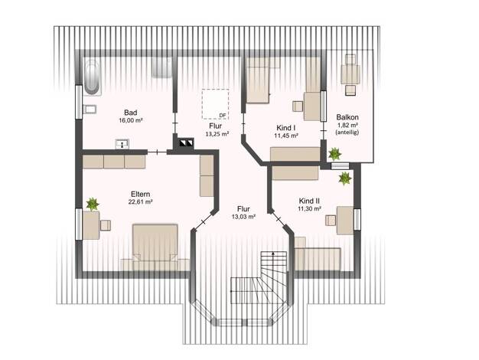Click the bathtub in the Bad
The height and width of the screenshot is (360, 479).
(92, 77)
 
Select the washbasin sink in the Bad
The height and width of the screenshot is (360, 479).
(122, 144)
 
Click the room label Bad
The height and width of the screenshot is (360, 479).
(130, 113)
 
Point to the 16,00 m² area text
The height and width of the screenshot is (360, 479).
(131, 120)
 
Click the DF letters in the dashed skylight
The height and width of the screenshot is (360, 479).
(223, 115)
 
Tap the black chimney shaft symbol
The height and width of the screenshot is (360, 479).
(186, 142)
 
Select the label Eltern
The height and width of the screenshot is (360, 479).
(140, 195)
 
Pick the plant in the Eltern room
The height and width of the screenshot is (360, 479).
(93, 205)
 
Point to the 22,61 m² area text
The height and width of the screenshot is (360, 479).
(141, 202)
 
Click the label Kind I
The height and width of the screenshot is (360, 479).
(285, 128)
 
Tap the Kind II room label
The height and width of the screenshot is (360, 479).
(309, 201)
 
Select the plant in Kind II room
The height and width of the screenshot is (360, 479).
(345, 178)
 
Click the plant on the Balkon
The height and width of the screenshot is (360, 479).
(335, 154)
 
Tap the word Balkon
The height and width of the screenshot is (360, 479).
(347, 117)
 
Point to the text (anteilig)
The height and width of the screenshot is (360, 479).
(347, 133)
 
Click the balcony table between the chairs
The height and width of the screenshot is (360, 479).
(350, 74)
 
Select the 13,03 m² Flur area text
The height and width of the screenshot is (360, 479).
(243, 217)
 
